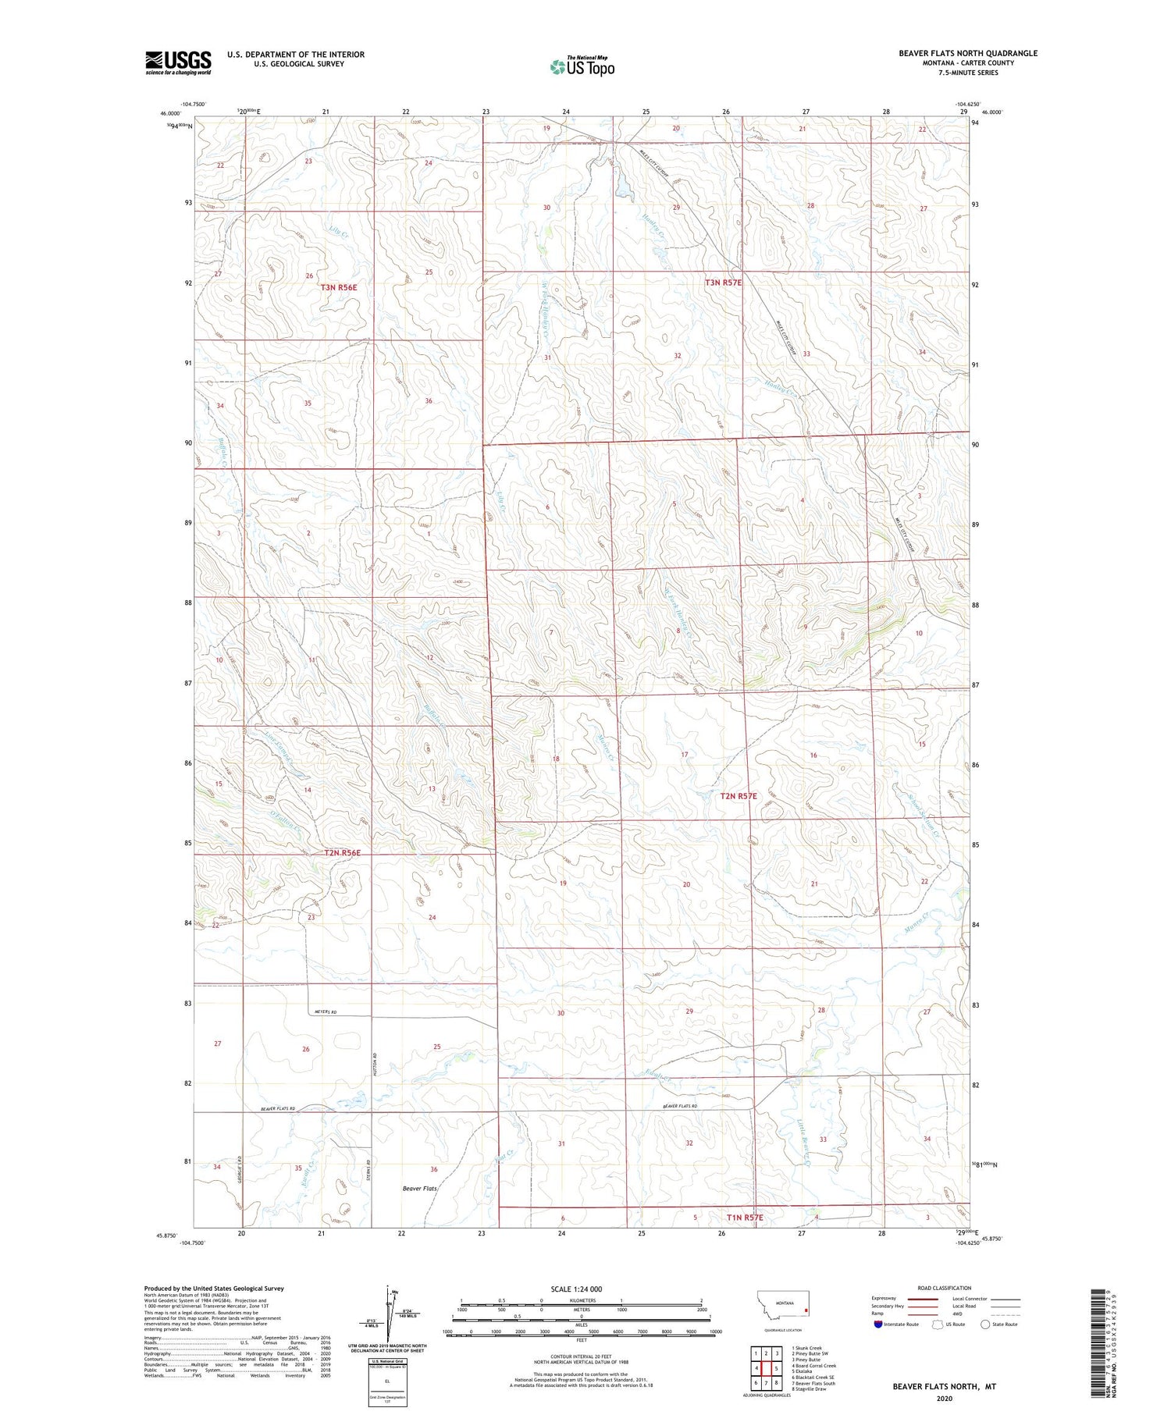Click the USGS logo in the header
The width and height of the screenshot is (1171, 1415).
178,62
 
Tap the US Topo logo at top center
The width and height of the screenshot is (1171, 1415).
582,66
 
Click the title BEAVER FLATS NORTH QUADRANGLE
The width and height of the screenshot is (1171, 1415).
967,53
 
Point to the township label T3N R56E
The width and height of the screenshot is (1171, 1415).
339,287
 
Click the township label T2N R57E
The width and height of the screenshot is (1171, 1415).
738,796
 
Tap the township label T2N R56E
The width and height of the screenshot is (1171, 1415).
342,853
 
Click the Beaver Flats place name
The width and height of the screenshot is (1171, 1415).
419,1189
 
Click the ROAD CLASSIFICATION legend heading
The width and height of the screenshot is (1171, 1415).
945,1288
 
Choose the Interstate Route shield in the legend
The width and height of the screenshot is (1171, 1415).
880,1324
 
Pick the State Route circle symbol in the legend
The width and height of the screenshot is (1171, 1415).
986,1324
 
